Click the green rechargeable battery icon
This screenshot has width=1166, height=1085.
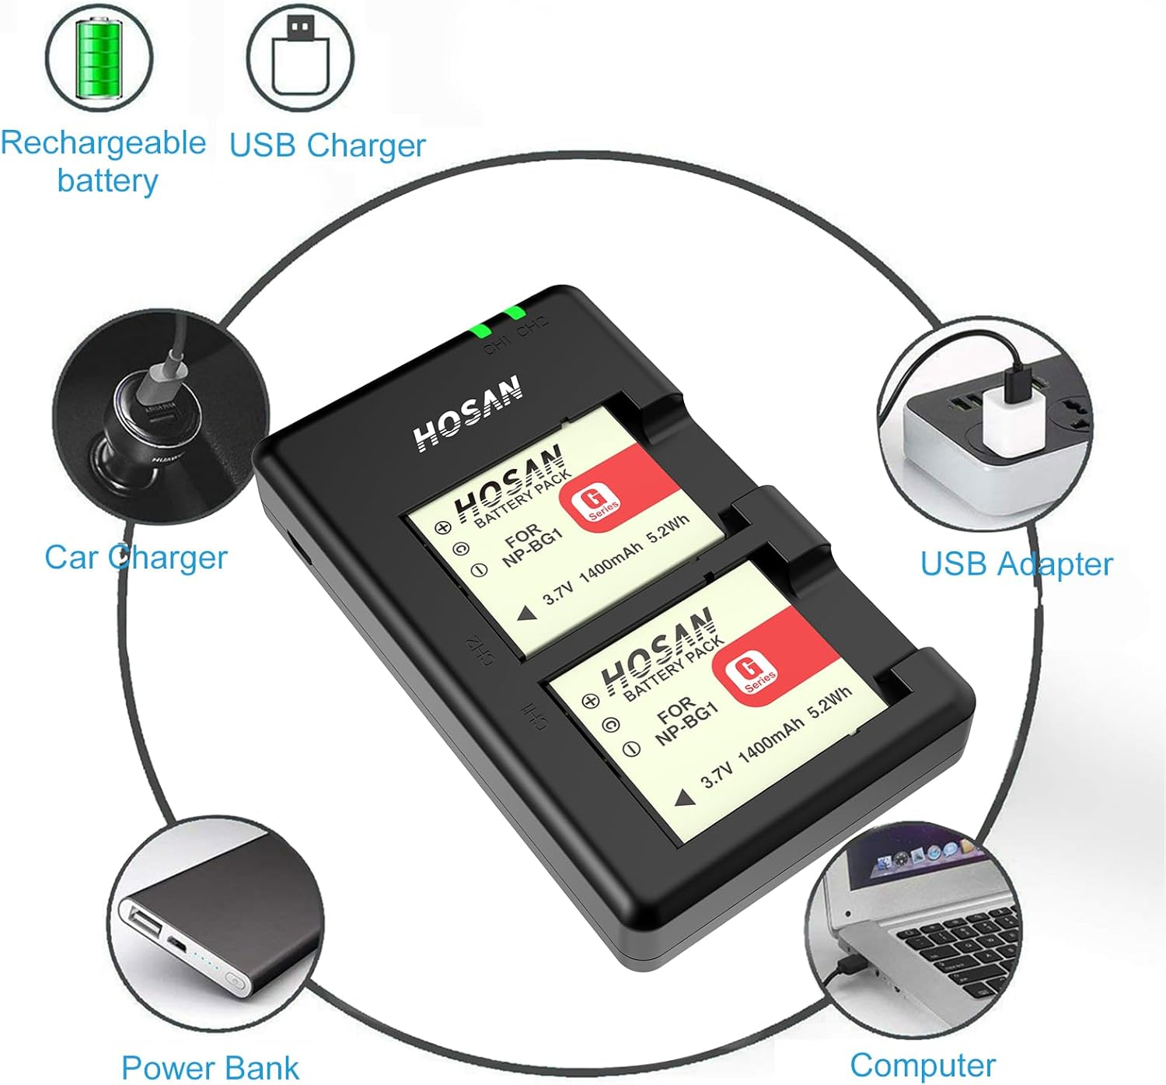click(x=98, y=56)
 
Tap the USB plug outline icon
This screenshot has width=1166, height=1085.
click(x=300, y=56)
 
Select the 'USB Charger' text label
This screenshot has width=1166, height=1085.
click(x=327, y=145)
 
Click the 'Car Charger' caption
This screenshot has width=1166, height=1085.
click(x=135, y=558)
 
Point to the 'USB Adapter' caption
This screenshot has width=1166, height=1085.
click(x=1016, y=564)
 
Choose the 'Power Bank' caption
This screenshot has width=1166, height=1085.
click(x=210, y=1067)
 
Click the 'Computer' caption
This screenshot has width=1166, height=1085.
click(x=922, y=1065)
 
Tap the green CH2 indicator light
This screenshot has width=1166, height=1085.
click(x=514, y=313)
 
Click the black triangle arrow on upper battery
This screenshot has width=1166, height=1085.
click(x=527, y=614)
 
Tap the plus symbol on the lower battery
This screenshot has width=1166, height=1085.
click(x=591, y=700)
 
